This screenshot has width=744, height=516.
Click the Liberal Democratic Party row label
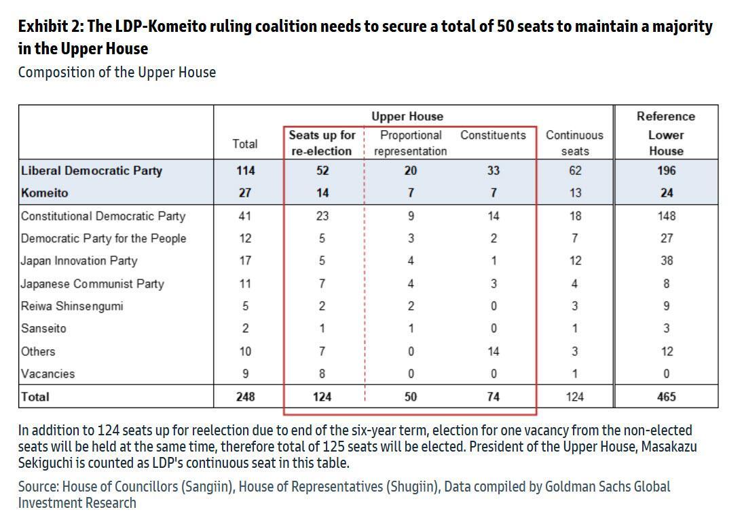pos(92,171)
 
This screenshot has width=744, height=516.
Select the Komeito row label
pos(45,193)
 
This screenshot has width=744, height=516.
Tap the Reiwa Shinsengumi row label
pos(72,306)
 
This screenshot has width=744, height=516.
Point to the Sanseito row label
pos(43,329)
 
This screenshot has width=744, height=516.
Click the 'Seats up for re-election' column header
pos(322,143)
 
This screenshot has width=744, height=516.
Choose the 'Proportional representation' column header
pos(411,143)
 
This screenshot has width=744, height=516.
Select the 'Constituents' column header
pos(493,136)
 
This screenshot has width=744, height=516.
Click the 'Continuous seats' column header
pos(574,143)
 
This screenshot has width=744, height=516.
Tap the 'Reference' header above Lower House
pos(666,117)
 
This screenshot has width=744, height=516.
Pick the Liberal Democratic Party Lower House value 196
pos(667,171)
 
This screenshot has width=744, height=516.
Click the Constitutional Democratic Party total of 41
pos(245,216)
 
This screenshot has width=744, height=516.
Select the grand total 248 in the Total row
pos(245,397)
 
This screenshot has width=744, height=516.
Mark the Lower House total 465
pos(667,397)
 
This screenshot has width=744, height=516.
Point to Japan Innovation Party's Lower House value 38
pos(667,261)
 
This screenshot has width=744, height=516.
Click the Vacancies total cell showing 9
pos(245,374)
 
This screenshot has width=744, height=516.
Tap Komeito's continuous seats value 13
pos(575,193)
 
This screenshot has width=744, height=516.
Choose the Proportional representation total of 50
pos(411,397)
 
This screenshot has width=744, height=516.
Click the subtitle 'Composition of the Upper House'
pos(117,73)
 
